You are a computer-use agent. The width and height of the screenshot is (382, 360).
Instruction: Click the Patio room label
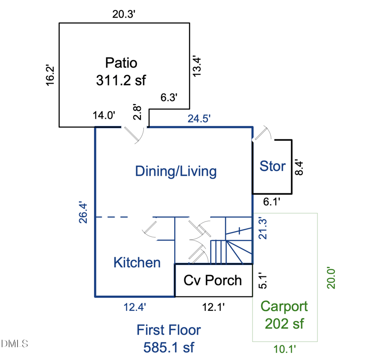[x=121, y=63]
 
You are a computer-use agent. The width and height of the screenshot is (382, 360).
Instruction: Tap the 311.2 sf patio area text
[x=121, y=80]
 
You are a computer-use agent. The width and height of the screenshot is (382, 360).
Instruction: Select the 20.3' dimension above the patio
[x=124, y=14]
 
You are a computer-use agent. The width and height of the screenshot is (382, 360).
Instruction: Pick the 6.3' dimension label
[x=169, y=98]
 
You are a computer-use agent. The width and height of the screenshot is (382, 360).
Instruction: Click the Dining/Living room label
[x=176, y=171]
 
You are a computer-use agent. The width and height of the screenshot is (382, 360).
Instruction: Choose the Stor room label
[x=272, y=166]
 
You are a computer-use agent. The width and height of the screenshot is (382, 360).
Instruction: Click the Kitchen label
[x=137, y=262]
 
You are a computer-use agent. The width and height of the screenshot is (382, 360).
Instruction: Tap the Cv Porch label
[x=212, y=280]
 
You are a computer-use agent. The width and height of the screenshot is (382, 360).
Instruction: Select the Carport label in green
[x=284, y=307]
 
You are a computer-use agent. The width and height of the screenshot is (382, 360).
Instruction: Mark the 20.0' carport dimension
[x=331, y=277]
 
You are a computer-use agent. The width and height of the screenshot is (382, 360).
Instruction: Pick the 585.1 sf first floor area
[x=169, y=347]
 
